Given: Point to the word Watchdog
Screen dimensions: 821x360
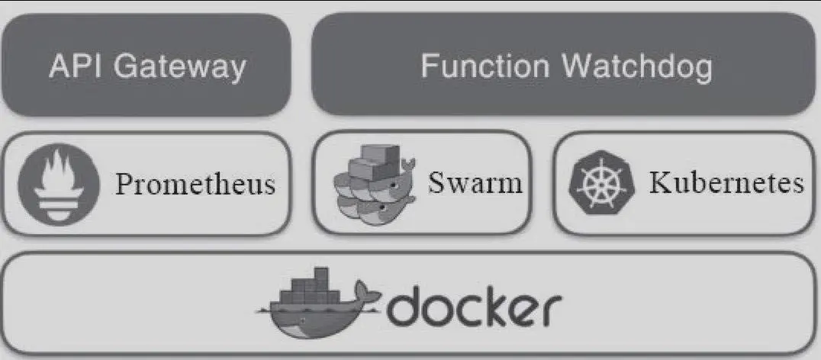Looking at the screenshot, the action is (x=638, y=67).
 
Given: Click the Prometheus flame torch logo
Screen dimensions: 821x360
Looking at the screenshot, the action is (x=58, y=182).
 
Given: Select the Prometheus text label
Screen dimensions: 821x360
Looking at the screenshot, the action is (x=195, y=184).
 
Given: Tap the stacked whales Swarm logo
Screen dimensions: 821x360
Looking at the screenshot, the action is (x=372, y=183).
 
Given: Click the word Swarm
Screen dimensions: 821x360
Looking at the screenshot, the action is (x=475, y=183).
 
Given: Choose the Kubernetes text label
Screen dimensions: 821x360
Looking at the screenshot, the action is (x=726, y=184).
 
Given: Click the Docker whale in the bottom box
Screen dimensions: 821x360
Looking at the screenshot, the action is (x=320, y=313).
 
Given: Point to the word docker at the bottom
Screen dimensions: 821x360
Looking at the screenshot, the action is (x=473, y=307).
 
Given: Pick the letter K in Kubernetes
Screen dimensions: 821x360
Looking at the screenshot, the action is (x=659, y=184).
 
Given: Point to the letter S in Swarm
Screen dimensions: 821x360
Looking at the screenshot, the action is (x=436, y=184).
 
